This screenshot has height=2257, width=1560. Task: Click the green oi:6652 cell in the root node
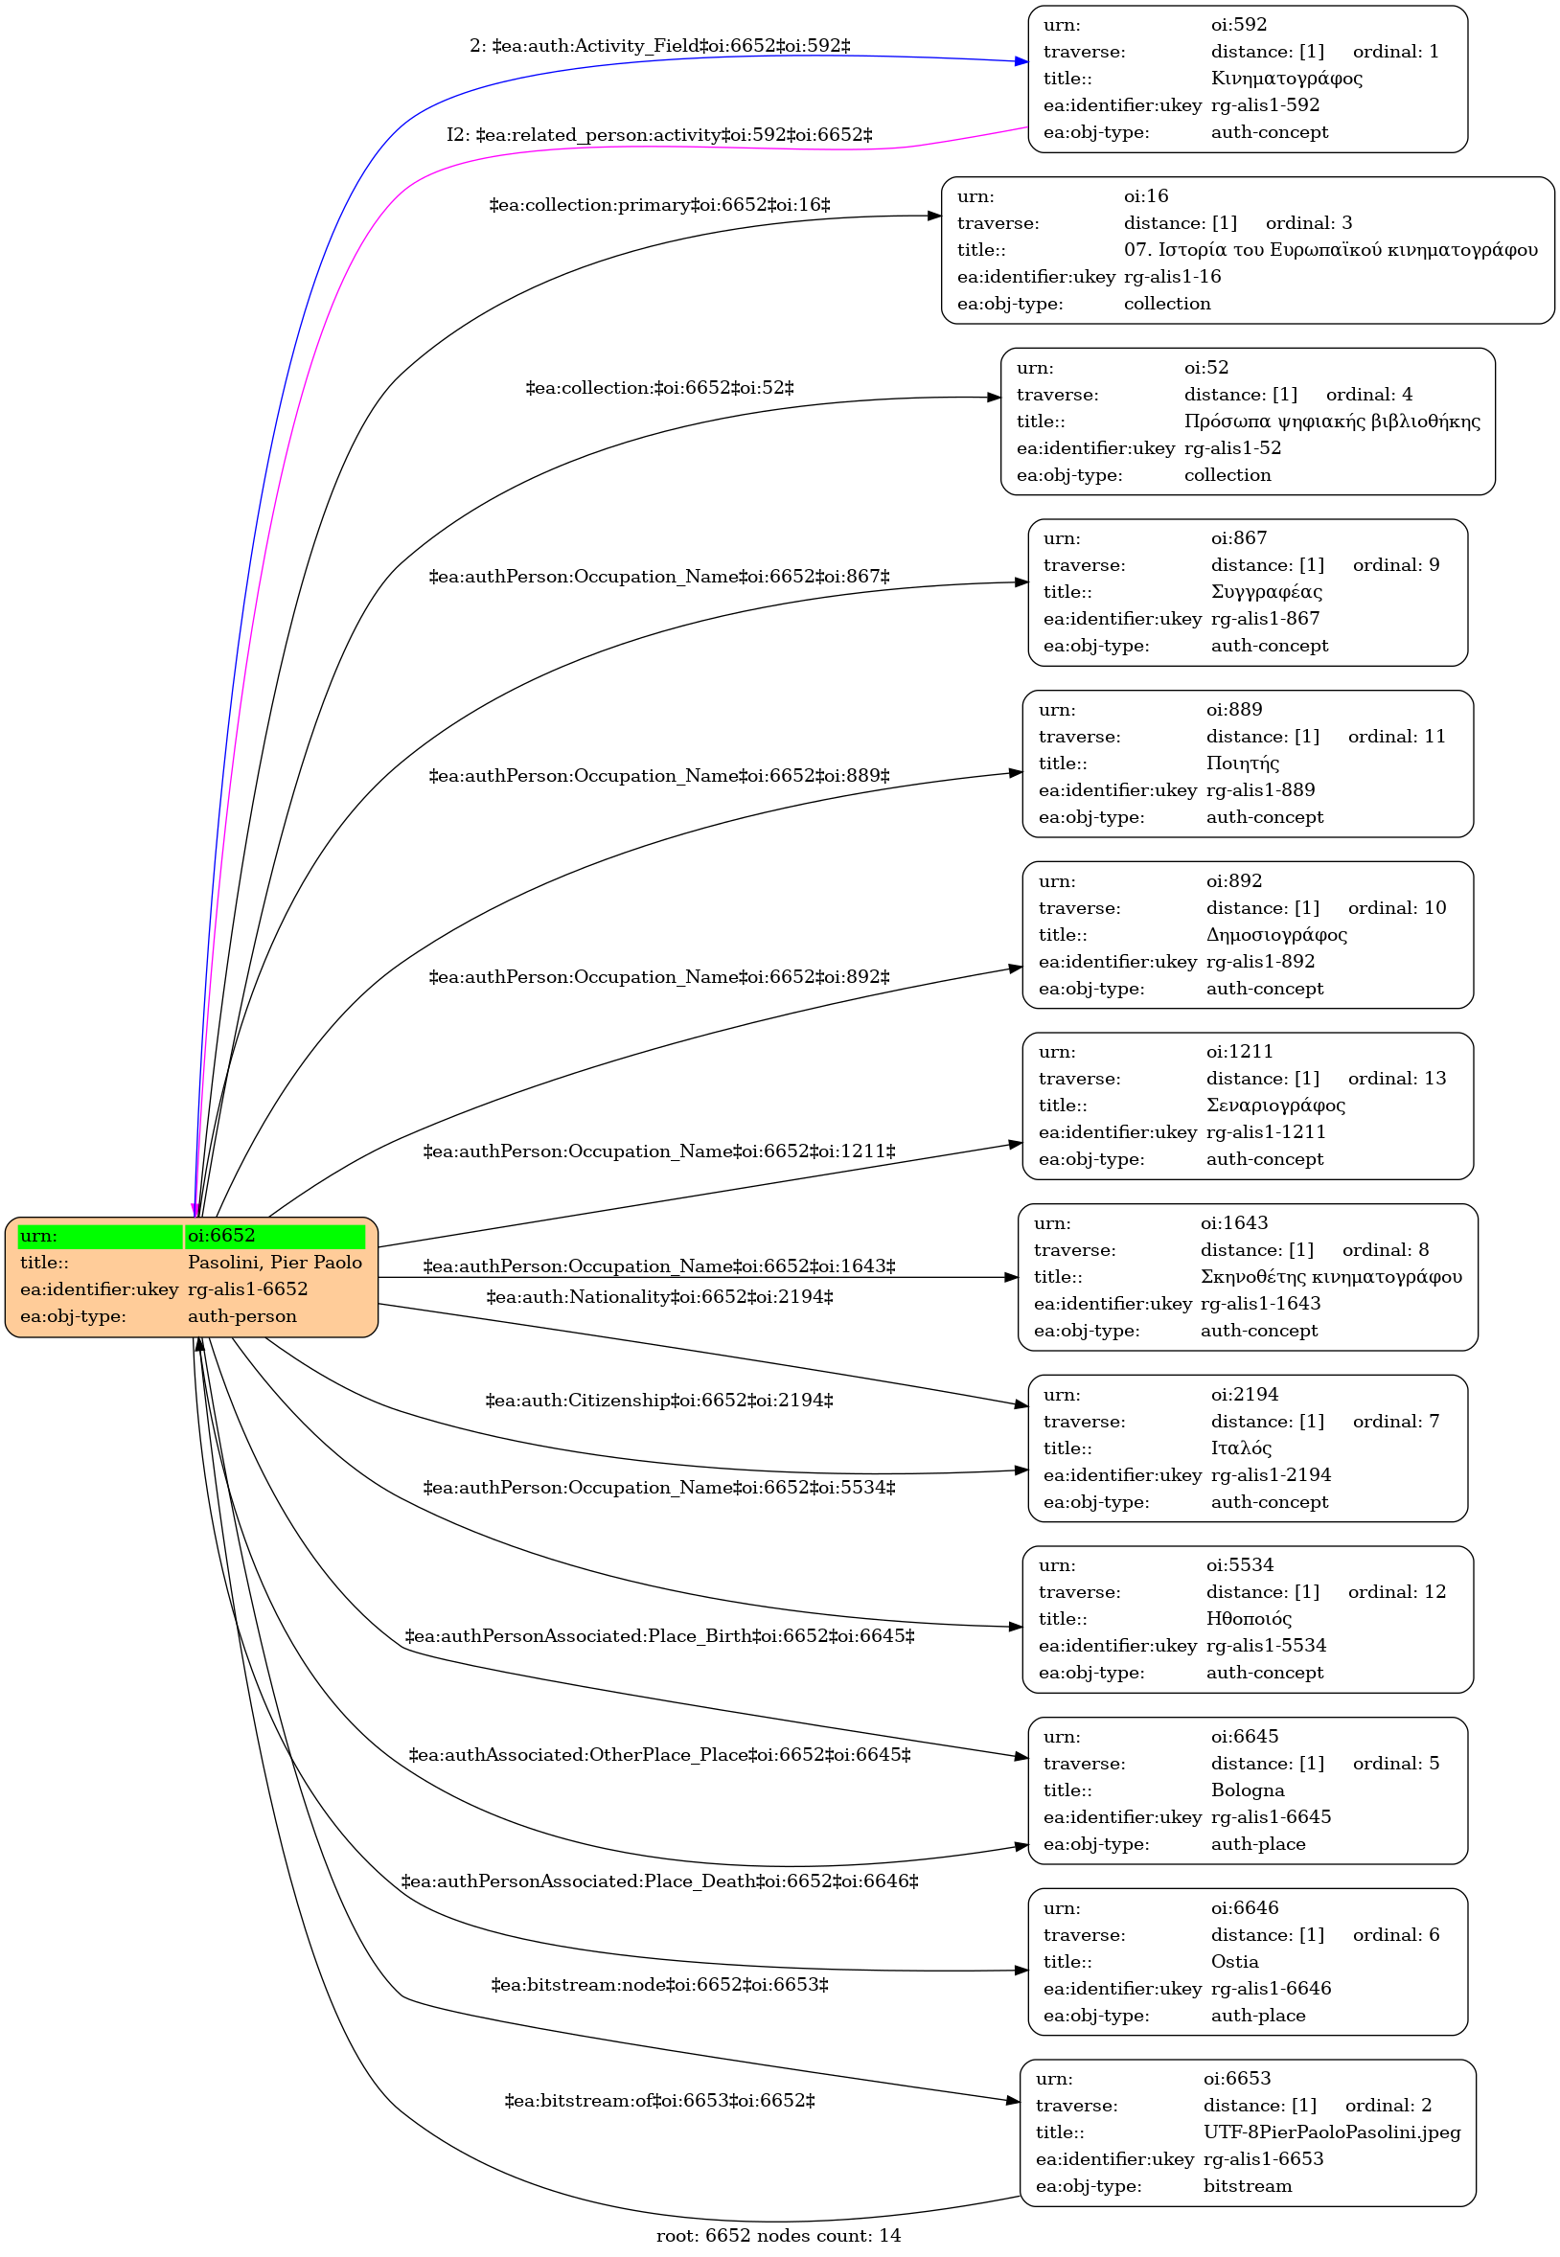[x=275, y=1236]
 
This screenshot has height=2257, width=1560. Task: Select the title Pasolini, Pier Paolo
[x=275, y=1263]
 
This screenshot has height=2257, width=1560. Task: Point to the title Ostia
[x=1234, y=1961]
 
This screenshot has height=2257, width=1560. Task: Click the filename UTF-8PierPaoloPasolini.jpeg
[x=1331, y=2132]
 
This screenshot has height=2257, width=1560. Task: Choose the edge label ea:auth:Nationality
[x=660, y=1296]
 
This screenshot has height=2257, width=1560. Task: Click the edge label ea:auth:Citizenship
[x=660, y=1401]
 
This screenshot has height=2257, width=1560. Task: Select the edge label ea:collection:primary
[x=660, y=205]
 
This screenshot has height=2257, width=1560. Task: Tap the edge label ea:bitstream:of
[x=660, y=2100]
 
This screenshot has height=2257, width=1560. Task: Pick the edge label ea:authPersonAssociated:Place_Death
[x=660, y=1881]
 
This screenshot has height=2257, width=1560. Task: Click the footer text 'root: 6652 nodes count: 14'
[x=778, y=2236]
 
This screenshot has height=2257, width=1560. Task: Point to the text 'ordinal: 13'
[x=1397, y=1079]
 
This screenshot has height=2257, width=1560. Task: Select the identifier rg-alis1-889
[x=1261, y=789]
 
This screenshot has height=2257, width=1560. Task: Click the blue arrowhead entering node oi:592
[x=1021, y=61]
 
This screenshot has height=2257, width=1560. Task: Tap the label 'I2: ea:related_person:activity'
[x=660, y=135]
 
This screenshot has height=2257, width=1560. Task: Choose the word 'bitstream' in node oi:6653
[x=1248, y=2186]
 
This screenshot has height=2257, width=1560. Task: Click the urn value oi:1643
[x=1234, y=1223]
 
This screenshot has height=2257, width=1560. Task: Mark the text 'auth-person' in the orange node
[x=242, y=1316]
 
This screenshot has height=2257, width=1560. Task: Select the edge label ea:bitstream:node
[x=660, y=1984]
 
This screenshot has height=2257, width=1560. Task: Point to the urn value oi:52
[x=1206, y=367]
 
